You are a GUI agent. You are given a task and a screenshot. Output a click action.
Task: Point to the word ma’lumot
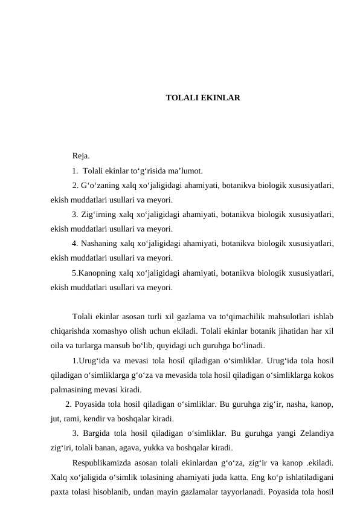185,170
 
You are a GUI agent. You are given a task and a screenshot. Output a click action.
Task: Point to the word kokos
323,375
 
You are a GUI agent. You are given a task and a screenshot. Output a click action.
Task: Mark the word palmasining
73,389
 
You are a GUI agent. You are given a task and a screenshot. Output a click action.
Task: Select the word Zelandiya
314,433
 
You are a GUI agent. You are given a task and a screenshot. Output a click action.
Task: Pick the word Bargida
97,433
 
